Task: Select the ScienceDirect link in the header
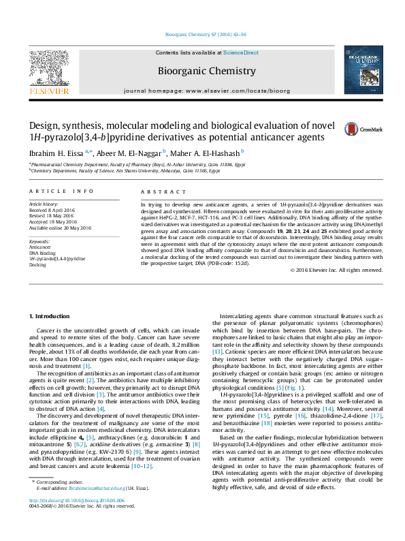click(240, 52)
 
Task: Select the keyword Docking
click(37, 265)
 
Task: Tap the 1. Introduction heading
click(51, 317)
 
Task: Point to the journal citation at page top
click(202, 35)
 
